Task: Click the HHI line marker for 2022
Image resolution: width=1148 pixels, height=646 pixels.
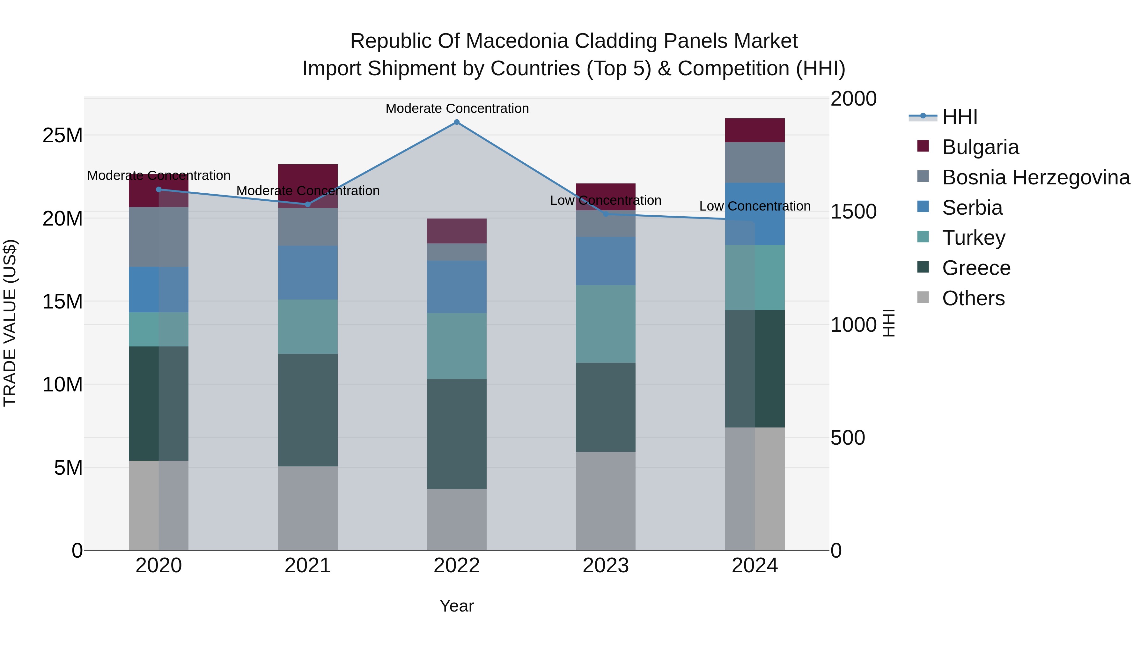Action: point(456,122)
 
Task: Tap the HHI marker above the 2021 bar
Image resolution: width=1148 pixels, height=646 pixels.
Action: point(307,204)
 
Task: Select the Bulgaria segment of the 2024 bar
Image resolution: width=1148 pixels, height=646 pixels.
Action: point(754,130)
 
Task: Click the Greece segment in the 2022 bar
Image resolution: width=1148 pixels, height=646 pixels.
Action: point(456,434)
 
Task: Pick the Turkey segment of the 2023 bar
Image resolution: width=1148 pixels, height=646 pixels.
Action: point(605,324)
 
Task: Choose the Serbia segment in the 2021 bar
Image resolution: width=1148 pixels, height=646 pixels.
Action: point(307,272)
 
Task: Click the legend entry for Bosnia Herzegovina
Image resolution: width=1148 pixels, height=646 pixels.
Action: point(1036,177)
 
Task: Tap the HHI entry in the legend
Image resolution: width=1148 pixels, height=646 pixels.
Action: point(960,117)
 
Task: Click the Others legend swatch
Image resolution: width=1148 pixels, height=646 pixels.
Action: point(923,297)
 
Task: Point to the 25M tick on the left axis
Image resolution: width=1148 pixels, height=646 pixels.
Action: point(63,135)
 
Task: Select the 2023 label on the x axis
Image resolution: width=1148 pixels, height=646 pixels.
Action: point(605,566)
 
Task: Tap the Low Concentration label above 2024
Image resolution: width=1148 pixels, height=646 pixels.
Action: point(754,206)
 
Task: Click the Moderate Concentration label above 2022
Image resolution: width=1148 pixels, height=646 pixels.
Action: point(457,108)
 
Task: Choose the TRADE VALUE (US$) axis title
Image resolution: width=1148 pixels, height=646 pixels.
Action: point(10,323)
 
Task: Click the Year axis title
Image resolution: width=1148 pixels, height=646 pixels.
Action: point(456,606)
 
